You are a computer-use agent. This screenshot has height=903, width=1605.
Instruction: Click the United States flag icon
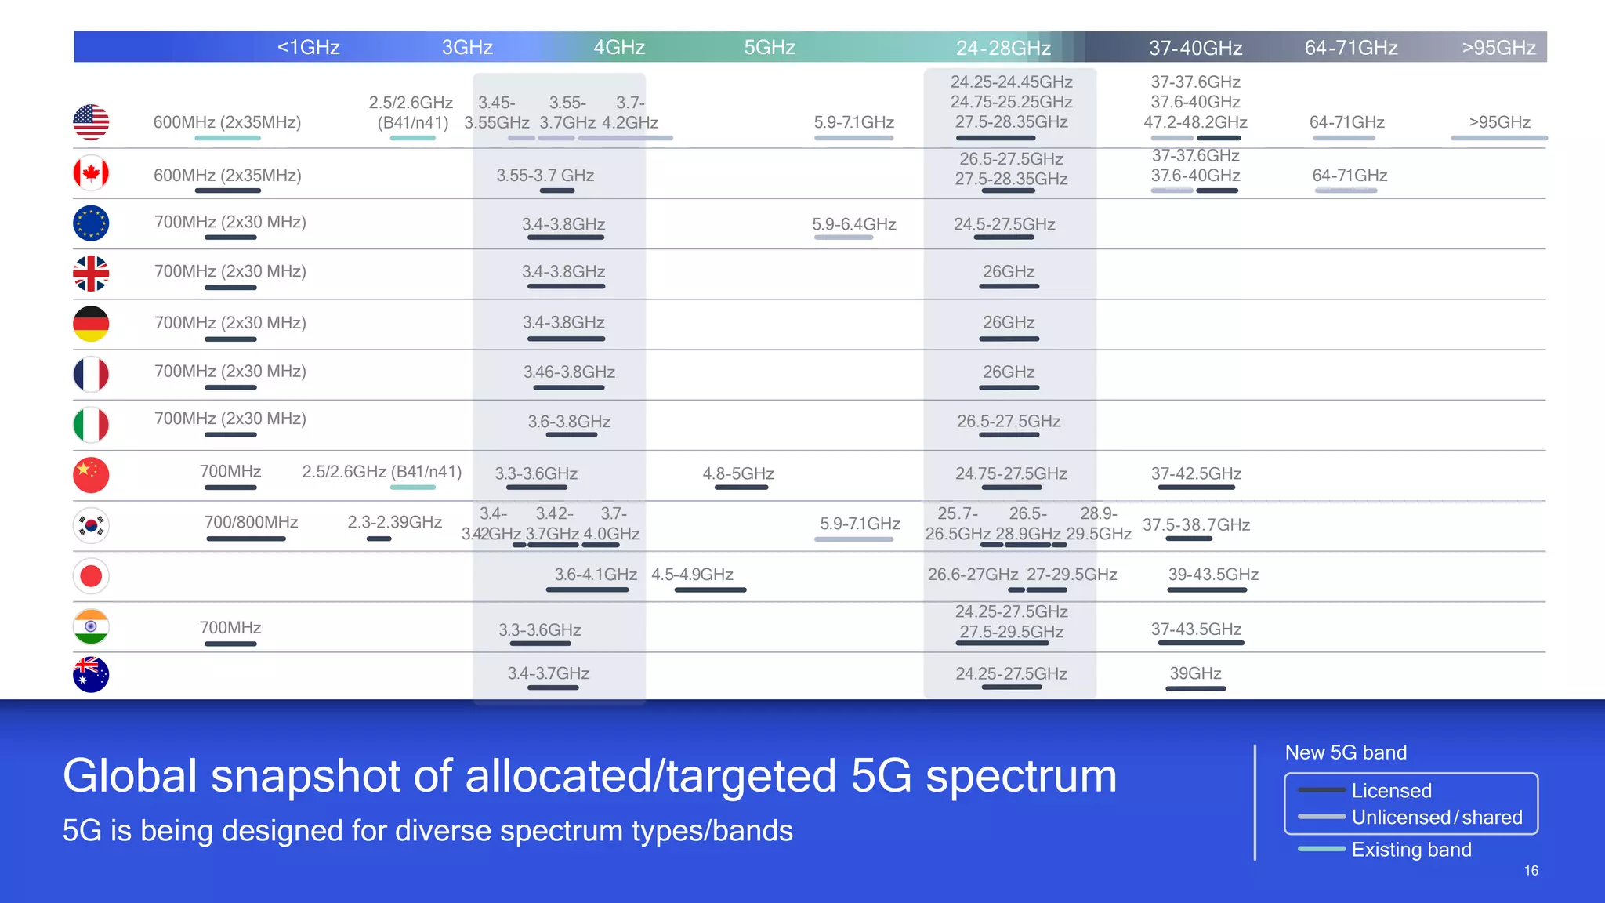pos(91,122)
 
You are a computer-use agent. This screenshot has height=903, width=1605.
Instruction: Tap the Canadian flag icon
pos(91,173)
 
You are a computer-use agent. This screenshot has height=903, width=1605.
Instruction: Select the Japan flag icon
pos(91,576)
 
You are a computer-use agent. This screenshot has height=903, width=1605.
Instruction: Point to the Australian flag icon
pos(91,674)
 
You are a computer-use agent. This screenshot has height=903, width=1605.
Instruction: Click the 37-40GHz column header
pos(1195,48)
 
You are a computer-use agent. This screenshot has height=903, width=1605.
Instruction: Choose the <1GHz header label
pos(308,47)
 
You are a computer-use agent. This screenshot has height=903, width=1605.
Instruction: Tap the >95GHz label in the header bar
pos(1498,48)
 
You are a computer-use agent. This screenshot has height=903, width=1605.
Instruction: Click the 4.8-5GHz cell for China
pos(738,473)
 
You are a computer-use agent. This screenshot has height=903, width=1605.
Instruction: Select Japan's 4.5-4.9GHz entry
pos(692,575)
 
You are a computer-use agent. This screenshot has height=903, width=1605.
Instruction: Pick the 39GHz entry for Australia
pos(1195,673)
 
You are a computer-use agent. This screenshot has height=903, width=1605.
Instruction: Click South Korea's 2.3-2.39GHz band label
pos(394,522)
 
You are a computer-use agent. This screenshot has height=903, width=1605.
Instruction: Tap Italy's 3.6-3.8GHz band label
pos(569,422)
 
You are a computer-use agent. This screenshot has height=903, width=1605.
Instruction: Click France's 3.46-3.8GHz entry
pos(569,372)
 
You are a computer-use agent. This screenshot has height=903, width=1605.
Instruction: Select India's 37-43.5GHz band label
pos(1196,629)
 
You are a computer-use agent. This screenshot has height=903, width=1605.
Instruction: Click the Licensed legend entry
pos(1391,790)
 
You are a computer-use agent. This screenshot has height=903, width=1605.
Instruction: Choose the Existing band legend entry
pos(1411,850)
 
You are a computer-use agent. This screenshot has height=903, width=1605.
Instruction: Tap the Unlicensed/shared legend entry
pos(1437,818)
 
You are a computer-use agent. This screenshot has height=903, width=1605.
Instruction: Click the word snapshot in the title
pos(306,776)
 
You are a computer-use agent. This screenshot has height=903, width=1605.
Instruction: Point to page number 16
pos(1531,871)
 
